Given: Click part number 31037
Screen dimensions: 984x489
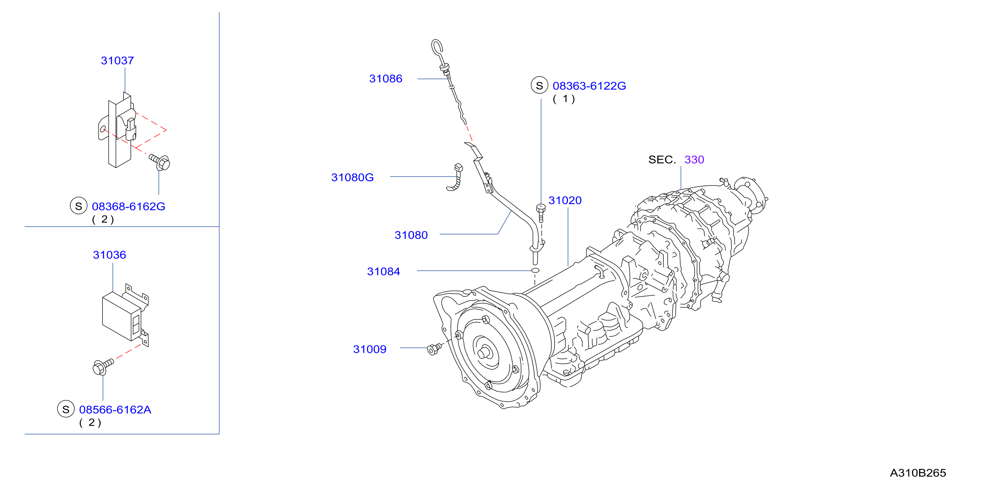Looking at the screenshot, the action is click(x=117, y=60).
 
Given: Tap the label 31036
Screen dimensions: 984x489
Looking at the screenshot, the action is click(x=109, y=255).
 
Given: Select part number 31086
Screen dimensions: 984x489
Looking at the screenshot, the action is click(x=386, y=79).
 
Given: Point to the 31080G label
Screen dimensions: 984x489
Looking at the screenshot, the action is click(x=352, y=177).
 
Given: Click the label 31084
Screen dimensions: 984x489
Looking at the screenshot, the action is click(x=383, y=271).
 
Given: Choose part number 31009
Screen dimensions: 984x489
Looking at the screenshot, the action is click(x=369, y=349).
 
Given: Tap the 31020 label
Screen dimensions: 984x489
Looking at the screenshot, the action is click(x=565, y=200).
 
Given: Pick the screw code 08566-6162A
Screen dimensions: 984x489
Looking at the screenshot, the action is click(x=115, y=410).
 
